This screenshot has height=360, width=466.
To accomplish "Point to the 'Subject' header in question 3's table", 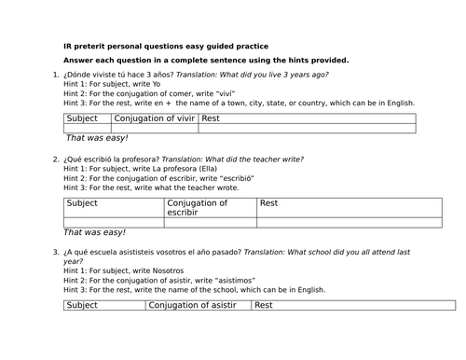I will pos(83,304).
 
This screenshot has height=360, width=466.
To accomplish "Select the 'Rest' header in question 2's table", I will pos(242,202).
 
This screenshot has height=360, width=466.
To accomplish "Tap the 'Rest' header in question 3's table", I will pos(264,304).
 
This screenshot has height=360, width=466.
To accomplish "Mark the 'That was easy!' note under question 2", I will pos(94,231).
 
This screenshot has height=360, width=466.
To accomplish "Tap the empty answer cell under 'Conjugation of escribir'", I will pos(182,222).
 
